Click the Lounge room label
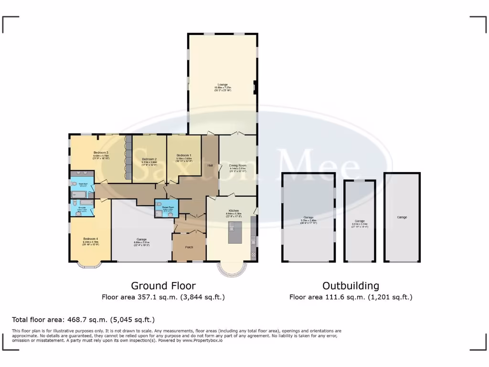click(223, 85)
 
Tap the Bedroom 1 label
click(184, 155)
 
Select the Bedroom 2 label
click(149, 159)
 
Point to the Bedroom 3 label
click(101, 152)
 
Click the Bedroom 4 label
click(90, 238)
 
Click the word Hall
click(210, 165)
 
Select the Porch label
click(189, 247)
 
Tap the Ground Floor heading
click(163, 286)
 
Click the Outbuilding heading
click(351, 286)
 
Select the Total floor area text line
click(83, 319)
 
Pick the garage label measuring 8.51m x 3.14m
click(360, 221)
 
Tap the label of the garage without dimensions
click(402, 217)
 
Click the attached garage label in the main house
click(141, 239)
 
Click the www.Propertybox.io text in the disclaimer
click(202, 340)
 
